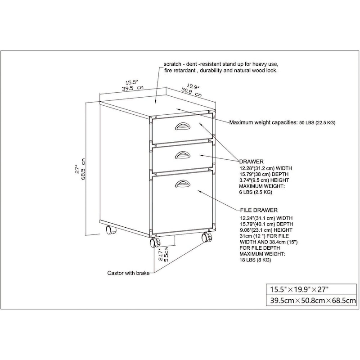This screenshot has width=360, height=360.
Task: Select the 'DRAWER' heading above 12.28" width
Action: (x=252, y=161)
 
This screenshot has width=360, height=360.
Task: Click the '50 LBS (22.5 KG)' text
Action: (x=317, y=122)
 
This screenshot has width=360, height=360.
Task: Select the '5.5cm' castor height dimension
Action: (x=166, y=255)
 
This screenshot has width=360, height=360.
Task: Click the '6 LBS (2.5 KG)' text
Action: (x=255, y=192)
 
